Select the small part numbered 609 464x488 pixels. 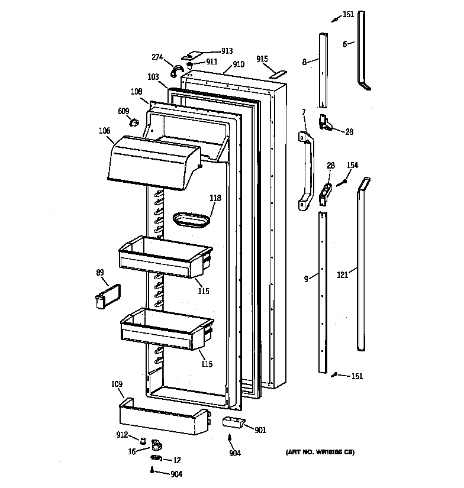135,123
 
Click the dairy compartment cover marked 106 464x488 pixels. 153,161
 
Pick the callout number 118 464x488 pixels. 215,198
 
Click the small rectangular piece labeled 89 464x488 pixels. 105,295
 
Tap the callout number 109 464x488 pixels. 117,384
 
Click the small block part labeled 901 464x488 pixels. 233,422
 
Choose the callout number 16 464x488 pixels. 132,450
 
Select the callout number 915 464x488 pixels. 262,59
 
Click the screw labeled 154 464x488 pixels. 341,183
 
